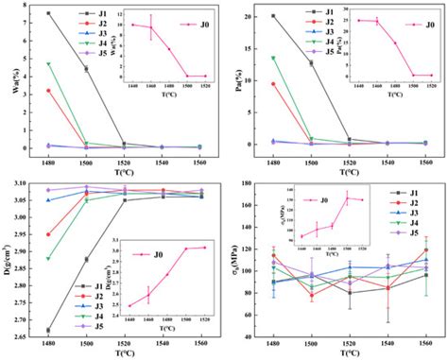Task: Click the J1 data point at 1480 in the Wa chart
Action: pyautogui.click(x=48, y=13)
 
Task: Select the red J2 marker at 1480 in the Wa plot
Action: pyautogui.click(x=48, y=91)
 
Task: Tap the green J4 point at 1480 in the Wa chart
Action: pyautogui.click(x=48, y=63)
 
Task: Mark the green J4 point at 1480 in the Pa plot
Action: pyautogui.click(x=273, y=58)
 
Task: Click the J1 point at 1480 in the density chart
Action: pyautogui.click(x=48, y=330)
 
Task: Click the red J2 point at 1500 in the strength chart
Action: pyautogui.click(x=311, y=296)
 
